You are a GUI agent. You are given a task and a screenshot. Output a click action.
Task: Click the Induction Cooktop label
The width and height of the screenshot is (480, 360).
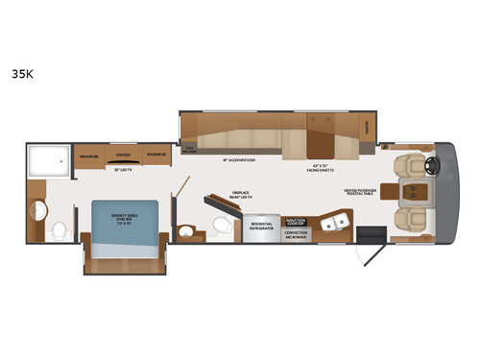tap(296, 220)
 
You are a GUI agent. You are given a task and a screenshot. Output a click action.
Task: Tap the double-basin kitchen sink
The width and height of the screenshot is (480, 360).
tap(333, 223)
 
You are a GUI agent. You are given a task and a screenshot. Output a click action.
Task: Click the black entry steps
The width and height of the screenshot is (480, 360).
tap(366, 234)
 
